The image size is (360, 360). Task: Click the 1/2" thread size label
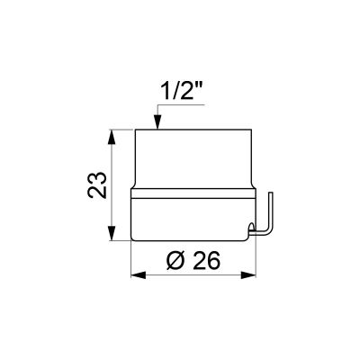180,91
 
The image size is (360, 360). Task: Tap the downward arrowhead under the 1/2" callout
157,121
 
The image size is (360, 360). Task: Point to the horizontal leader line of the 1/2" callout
182,105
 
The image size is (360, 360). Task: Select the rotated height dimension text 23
97,184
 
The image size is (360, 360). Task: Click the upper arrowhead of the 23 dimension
112,137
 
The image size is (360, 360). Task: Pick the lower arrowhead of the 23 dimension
112,232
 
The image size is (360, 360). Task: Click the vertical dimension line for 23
112,184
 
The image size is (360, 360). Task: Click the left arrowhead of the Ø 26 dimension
139,274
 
